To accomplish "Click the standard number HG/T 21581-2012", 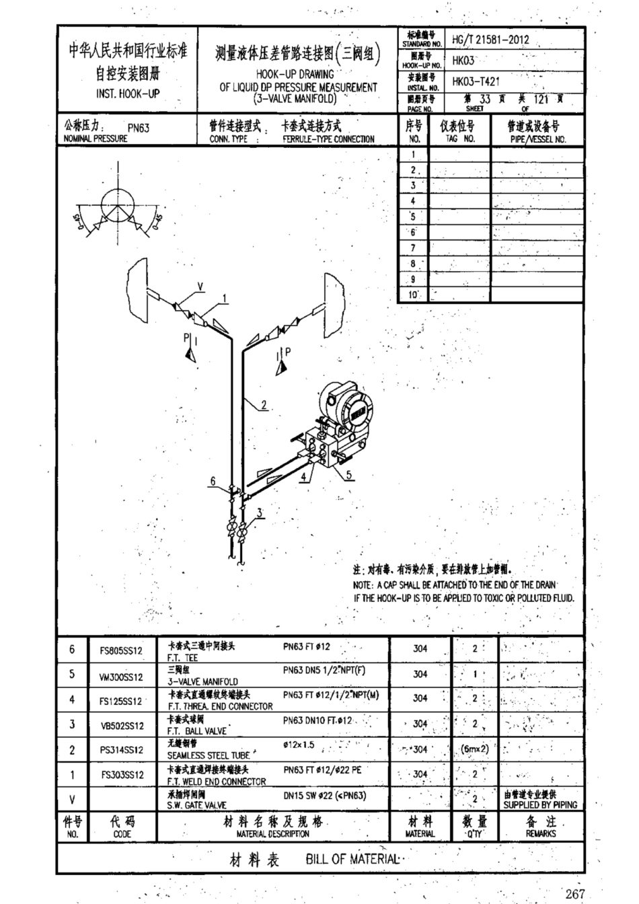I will (x=490, y=40).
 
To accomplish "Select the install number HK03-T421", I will (x=476, y=81).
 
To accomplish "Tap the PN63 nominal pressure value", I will (x=139, y=128).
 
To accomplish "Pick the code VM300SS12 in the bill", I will (x=122, y=677).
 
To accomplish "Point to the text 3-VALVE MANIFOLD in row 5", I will (x=202, y=681).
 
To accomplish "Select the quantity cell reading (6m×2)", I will (x=475, y=749).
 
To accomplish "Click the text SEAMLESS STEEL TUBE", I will (x=209, y=755).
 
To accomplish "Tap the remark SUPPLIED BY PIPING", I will (x=540, y=804).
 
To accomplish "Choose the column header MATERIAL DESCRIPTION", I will (x=272, y=833).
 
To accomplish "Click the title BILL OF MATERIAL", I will (x=352, y=859).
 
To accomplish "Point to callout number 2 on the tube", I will (x=264, y=405).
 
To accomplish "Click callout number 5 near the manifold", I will (x=349, y=475).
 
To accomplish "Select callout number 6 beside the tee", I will (x=213, y=481).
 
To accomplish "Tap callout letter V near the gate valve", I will (x=200, y=288).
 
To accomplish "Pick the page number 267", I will (x=575, y=893).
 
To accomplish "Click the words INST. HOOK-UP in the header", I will (x=128, y=94).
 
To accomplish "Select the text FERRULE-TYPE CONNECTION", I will (x=328, y=139).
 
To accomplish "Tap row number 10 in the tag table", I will (x=413, y=295).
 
